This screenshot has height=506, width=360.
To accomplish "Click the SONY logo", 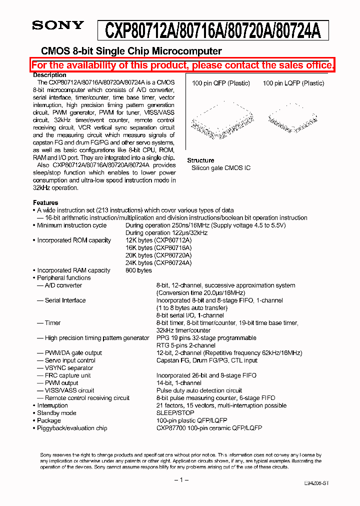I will pos(58,25).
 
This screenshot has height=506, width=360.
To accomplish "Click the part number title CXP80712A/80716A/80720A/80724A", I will pos(212,31).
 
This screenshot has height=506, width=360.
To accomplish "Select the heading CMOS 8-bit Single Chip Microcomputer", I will pos(131,51).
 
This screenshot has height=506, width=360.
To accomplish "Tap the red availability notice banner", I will pos(182,65).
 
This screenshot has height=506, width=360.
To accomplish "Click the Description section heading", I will pos(49,75).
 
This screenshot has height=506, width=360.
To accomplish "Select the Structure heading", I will pos(200,160).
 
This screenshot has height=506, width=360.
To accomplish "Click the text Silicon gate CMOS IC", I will pos(221,168).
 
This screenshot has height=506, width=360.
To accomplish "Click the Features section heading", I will pos(45,202).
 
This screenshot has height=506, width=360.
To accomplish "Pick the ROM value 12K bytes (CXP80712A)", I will pos(158,240).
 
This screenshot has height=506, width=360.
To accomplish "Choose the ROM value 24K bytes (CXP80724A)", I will pos(158,262).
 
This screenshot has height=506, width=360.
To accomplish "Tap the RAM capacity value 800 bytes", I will pos(138,270).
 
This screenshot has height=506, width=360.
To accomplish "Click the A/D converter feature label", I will pos(63,285).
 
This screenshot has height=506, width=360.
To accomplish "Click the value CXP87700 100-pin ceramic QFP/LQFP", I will pos(209,427).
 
